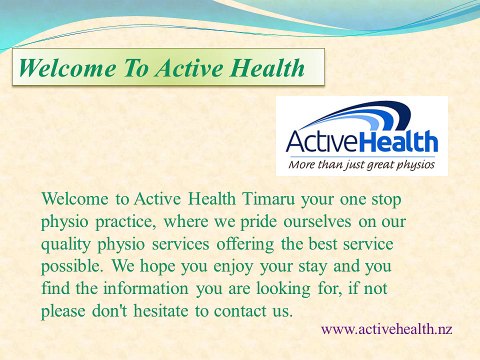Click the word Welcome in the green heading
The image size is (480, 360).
pos(63,69)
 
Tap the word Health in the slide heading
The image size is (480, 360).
pos(264,69)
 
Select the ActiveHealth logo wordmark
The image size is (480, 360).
pos(359,141)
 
